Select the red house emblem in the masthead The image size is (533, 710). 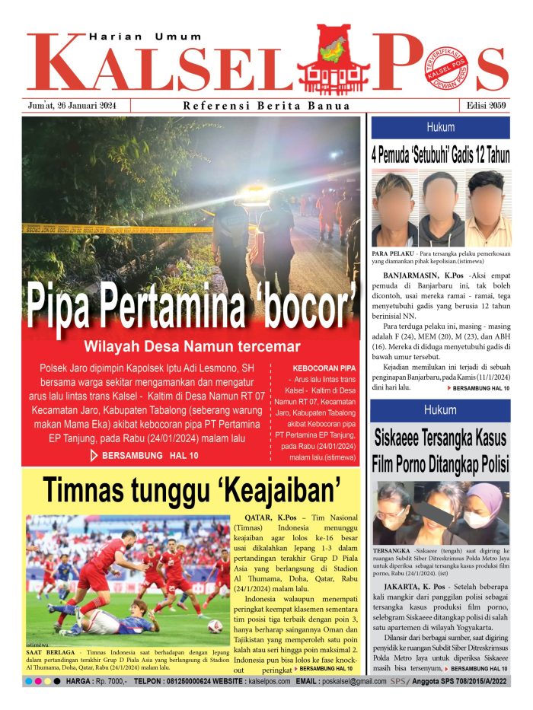pos(332,57)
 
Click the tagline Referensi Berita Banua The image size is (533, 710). pos(266,106)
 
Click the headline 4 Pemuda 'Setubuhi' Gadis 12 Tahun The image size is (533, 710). pos(440,155)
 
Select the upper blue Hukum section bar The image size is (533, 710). pos(440,128)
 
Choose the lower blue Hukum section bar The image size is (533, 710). pos(440,412)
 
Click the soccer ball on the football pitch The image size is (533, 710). pos(215,626)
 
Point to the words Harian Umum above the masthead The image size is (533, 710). pos(146,36)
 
